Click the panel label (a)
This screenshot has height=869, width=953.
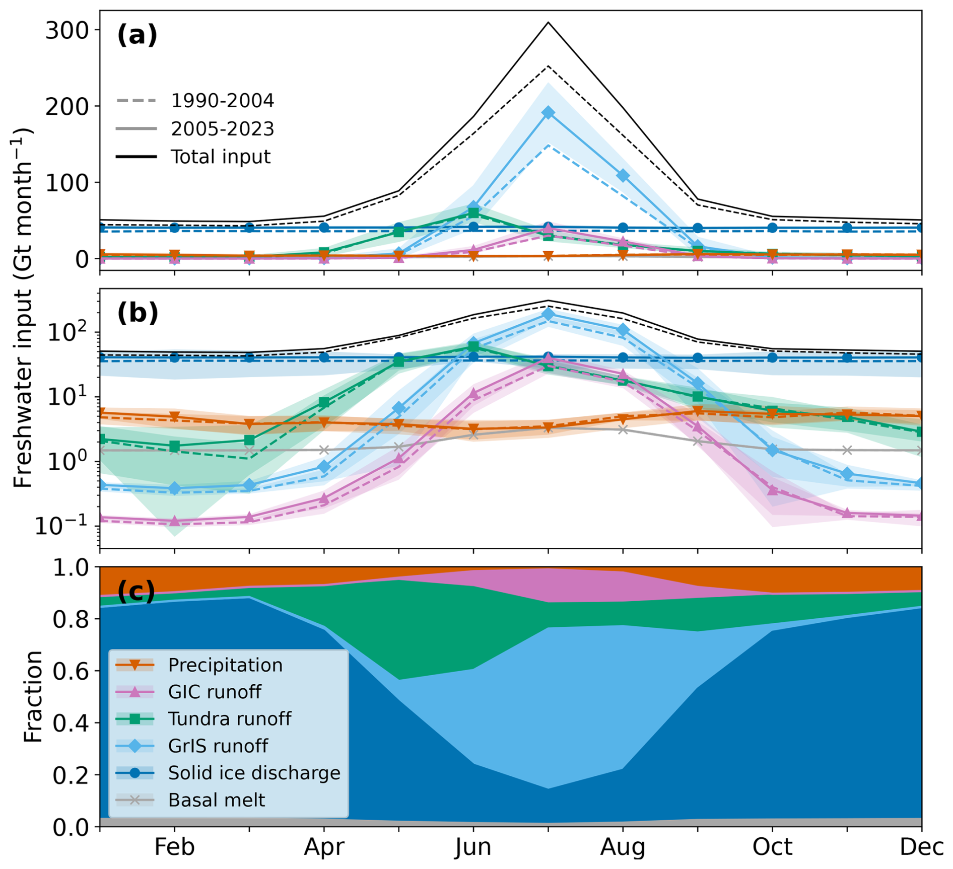pos(137,36)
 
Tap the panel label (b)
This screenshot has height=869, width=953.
pos(138,313)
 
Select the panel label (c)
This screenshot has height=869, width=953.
pos(136,591)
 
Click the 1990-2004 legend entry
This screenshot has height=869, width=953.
pos(222,101)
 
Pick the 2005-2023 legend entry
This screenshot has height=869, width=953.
pos(222,129)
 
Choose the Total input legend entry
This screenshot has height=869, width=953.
pos(220,157)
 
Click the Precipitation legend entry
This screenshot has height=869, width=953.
pos(225,665)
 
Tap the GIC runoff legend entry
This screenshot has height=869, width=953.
pos(215,692)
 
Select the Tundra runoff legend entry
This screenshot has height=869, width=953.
pos(229,719)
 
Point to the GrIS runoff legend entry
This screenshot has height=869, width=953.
pos(218,746)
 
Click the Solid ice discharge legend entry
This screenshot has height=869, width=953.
pos(254,773)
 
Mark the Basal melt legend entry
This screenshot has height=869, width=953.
pos(216,800)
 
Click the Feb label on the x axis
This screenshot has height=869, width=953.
pos(174,847)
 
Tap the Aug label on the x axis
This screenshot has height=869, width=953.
pos(623,847)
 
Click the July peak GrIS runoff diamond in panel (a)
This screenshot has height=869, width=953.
pos(548,113)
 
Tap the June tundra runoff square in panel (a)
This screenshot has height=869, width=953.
pos(473,213)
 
